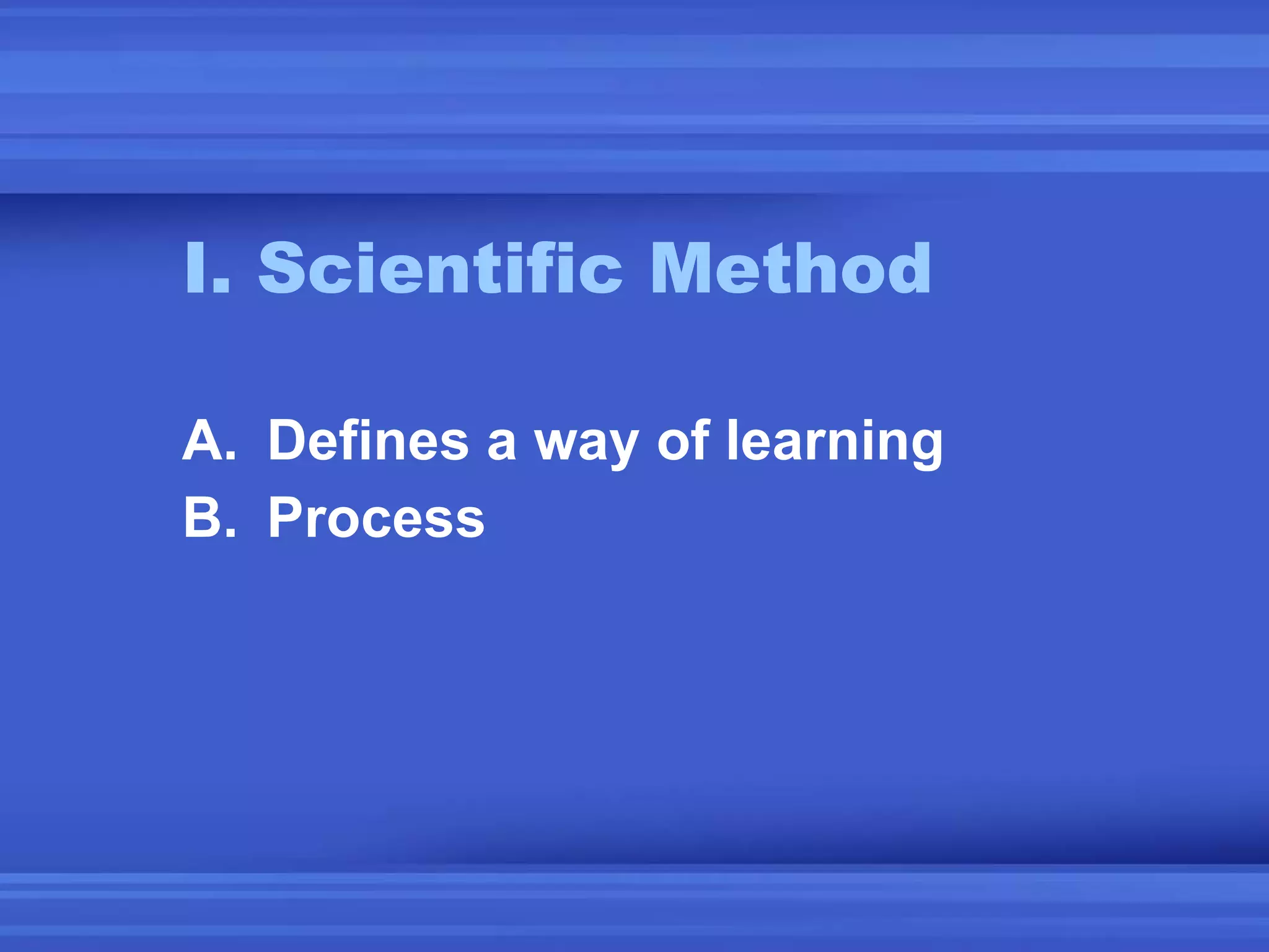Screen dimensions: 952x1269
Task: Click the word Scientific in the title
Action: click(440, 268)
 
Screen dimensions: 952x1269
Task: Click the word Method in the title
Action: click(790, 268)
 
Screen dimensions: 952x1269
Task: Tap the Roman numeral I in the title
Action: click(196, 268)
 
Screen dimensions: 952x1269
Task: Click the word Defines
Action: click(368, 441)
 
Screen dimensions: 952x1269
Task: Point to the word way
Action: click(586, 443)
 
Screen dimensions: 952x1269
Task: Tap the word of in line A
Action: click(682, 441)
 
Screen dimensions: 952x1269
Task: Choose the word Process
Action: click(376, 518)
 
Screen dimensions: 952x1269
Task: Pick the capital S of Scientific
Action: click(284, 268)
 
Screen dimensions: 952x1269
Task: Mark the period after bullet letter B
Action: click(230, 533)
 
